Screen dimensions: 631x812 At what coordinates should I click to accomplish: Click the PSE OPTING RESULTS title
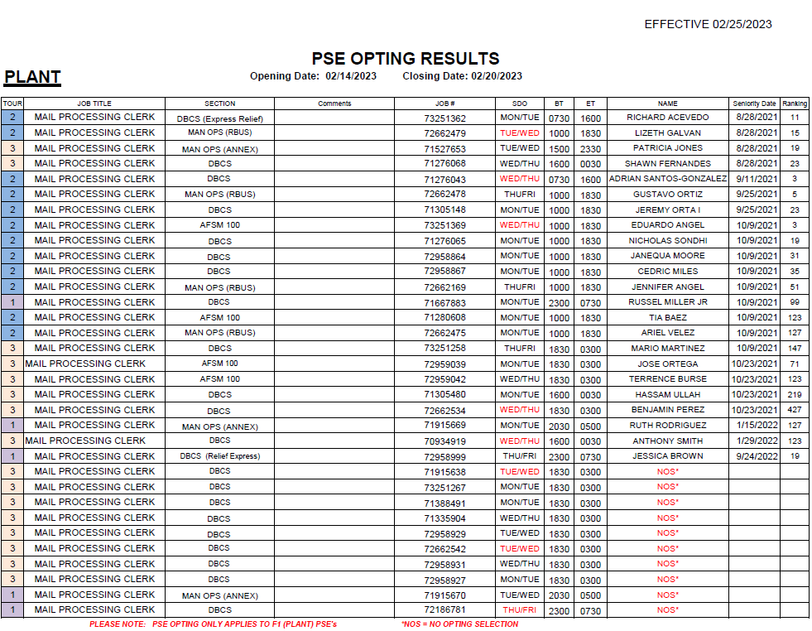[406, 59]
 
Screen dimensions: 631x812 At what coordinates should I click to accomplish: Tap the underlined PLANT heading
[32, 77]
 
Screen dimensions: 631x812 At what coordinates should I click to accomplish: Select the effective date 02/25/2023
[742, 24]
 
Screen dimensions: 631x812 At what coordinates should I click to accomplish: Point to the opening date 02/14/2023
[351, 76]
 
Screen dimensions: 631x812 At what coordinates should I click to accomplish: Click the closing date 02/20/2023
[497, 76]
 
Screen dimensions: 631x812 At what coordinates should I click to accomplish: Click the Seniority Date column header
[754, 104]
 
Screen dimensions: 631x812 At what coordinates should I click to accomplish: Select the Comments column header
[334, 104]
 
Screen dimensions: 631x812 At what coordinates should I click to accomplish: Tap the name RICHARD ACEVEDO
[667, 118]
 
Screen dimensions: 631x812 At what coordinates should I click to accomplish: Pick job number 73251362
[444, 118]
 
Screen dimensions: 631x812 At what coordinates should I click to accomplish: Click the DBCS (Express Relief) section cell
[219, 118]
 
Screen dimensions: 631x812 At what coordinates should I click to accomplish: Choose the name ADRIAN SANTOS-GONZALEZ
[667, 179]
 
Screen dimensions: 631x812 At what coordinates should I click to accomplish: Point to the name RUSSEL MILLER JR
[667, 302]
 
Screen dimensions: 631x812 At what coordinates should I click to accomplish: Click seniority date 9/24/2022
[754, 456]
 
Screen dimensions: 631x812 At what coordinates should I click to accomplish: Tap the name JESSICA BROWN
[667, 456]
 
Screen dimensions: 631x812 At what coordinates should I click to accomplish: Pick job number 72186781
[444, 610]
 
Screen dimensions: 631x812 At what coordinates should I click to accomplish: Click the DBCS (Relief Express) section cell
[219, 456]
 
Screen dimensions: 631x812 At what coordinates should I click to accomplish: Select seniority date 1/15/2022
[754, 426]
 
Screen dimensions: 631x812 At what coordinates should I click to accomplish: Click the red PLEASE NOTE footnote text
[213, 624]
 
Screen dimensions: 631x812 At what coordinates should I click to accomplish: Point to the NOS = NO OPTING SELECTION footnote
[459, 624]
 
